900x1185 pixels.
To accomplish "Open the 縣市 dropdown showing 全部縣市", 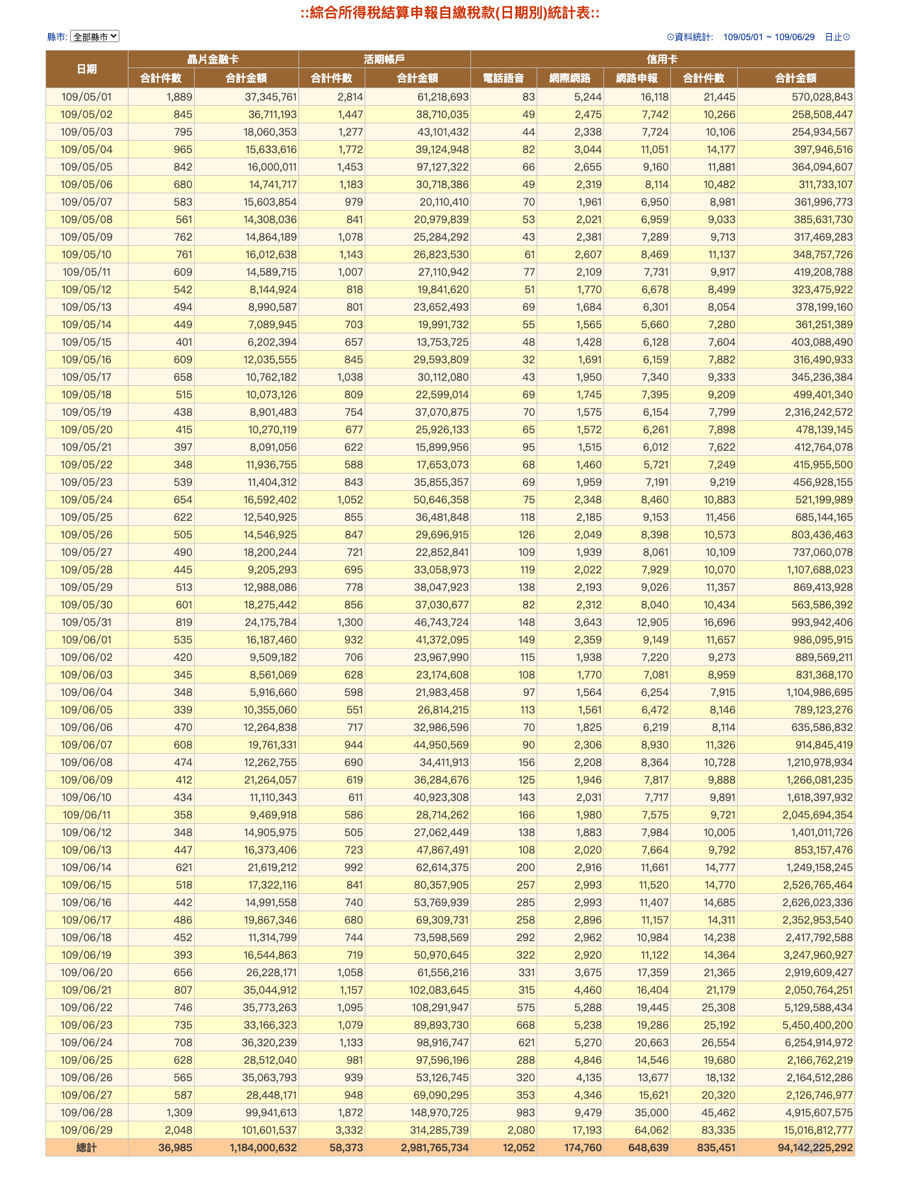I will coord(95,37).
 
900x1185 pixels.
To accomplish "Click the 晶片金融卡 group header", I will coord(213,59).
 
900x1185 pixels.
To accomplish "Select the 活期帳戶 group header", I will coord(384,59).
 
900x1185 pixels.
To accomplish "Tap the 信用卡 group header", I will coord(662,59).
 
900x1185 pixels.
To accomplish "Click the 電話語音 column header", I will coord(504,78).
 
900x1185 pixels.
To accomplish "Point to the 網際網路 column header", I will coord(570,78).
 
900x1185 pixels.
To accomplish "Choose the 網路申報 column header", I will coord(637,78).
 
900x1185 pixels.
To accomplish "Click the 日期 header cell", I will coord(87,69).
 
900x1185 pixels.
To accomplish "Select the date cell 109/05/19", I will coord(87,412).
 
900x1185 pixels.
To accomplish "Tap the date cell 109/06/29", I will coord(87,1130).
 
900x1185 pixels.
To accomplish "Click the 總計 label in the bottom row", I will coord(87,1147).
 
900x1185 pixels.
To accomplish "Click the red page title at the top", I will coord(450,13).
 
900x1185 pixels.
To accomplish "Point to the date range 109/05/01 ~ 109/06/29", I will coord(768,37).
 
